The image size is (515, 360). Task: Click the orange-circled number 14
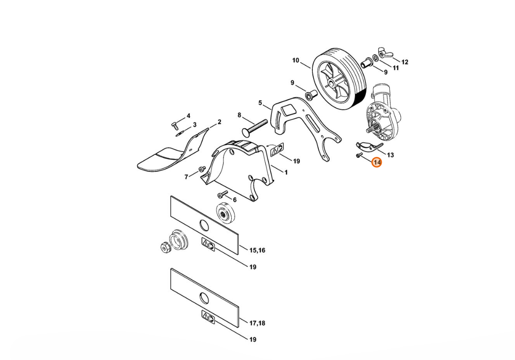click(x=377, y=162)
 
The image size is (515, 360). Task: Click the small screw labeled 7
click(x=201, y=170)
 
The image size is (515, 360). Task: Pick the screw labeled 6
click(x=222, y=195)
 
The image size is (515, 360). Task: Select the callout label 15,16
click(x=257, y=250)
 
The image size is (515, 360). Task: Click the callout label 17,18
click(x=257, y=323)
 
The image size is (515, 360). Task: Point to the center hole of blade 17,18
click(x=204, y=297)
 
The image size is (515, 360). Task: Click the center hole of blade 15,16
click(x=204, y=225)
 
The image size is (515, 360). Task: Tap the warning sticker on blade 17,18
click(x=208, y=317)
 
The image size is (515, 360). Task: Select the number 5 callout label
click(x=260, y=103)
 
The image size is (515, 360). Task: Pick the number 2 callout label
click(x=219, y=122)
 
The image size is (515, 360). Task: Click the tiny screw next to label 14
click(x=359, y=155)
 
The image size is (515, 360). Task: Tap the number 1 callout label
click(x=286, y=172)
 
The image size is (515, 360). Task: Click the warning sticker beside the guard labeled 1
click(x=277, y=150)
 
